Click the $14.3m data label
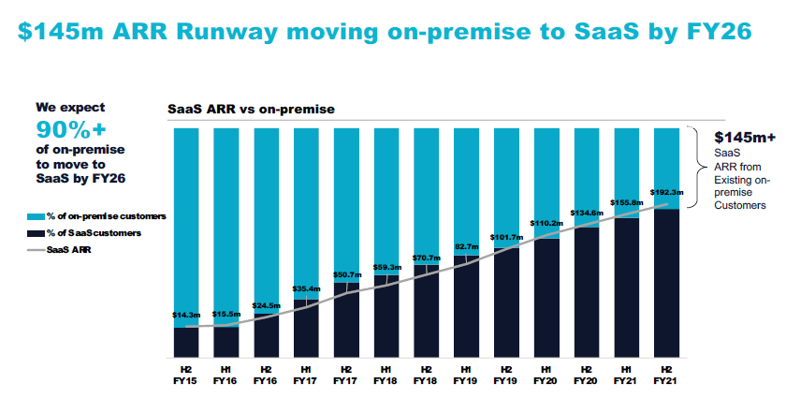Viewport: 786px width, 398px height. pyautogui.click(x=185, y=315)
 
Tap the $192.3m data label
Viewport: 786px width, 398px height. pyautogui.click(x=667, y=191)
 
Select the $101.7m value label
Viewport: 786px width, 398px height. pyautogui.click(x=506, y=238)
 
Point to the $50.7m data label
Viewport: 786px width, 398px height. pyautogui.click(x=346, y=274)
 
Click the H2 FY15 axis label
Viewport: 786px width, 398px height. pyautogui.click(x=185, y=376)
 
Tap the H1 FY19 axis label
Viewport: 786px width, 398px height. pyautogui.click(x=466, y=376)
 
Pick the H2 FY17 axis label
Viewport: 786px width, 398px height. pyautogui.click(x=346, y=376)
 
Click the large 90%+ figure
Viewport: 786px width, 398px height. pyautogui.click(x=71, y=129)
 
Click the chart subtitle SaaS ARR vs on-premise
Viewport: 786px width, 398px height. pyautogui.click(x=251, y=110)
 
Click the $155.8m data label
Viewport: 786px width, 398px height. pyautogui.click(x=627, y=201)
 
